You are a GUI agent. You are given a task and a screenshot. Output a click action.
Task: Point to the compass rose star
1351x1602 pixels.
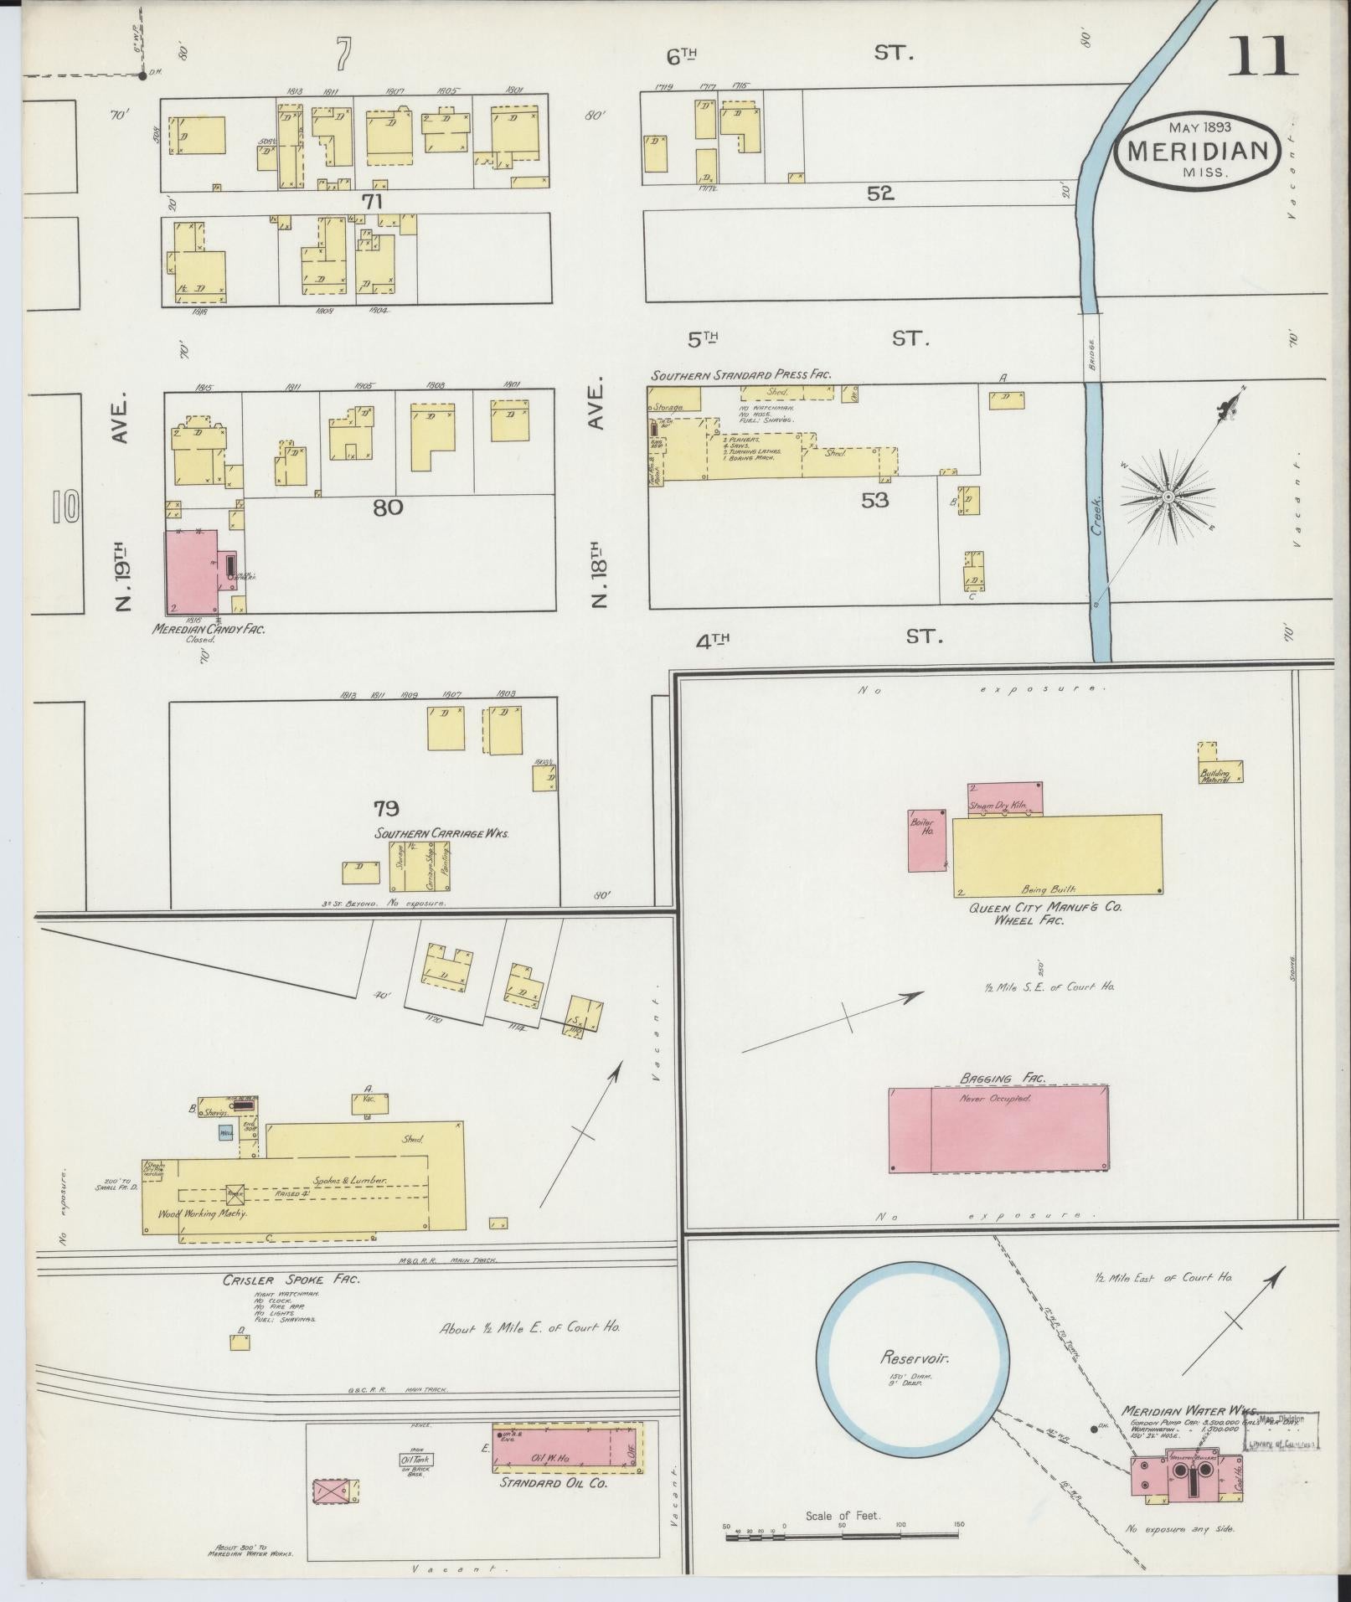pos(1167,497)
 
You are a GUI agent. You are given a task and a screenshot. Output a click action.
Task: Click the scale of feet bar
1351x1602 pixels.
pos(842,1536)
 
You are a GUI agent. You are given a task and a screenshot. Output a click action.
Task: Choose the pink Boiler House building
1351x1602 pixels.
pos(927,840)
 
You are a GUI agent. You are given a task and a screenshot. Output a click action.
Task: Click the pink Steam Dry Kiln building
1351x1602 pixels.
pos(1004,799)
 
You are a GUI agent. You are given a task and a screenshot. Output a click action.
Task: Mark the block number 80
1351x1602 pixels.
pos(388,507)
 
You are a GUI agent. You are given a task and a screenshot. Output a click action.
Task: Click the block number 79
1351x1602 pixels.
pos(386,808)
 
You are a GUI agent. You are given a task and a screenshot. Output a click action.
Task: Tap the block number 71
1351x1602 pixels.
pos(372,201)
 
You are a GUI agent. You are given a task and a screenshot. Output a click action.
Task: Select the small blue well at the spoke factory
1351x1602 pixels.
pos(224,1133)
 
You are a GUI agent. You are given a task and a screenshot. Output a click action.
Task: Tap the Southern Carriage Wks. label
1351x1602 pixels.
pos(441,834)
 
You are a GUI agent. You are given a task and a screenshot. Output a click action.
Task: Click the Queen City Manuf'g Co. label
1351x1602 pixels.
pos(1045,907)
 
